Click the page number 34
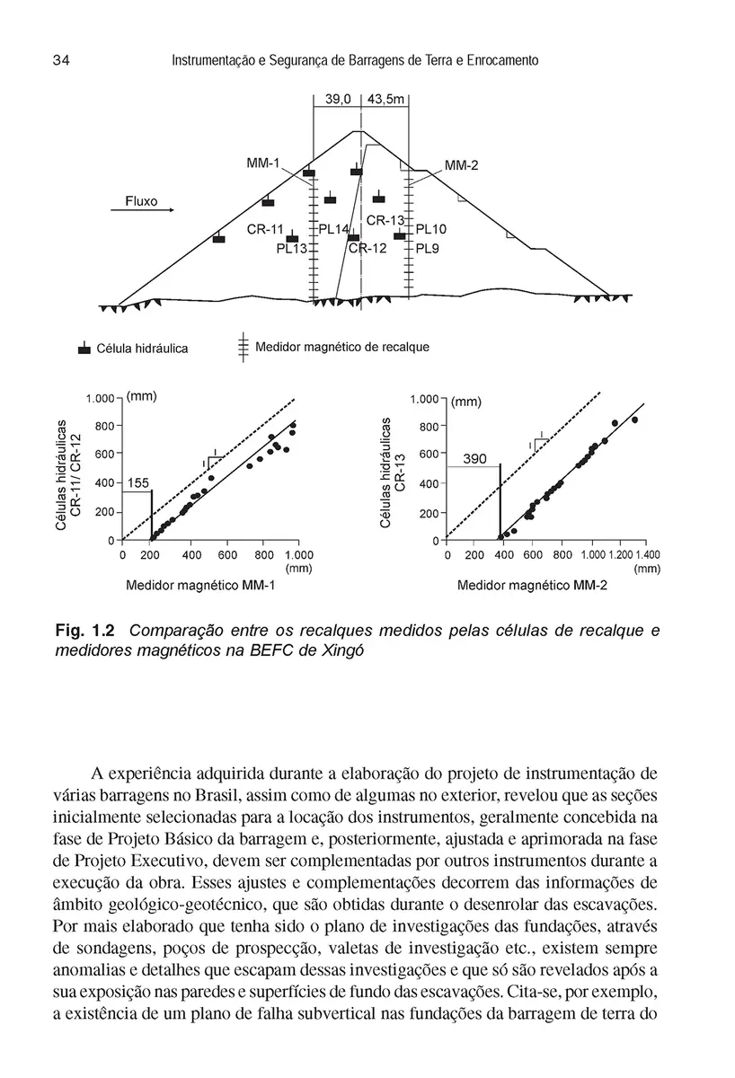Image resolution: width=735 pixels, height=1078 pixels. point(62,60)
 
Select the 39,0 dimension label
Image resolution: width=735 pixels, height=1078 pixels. point(338,101)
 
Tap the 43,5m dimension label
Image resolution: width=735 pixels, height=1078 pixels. point(386,101)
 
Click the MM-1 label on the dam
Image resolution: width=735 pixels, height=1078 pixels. point(263,163)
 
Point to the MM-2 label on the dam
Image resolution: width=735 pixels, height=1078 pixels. point(462,165)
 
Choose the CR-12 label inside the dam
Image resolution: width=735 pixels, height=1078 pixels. point(367,248)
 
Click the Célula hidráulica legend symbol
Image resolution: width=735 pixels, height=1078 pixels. point(84,348)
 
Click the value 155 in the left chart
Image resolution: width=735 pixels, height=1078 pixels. point(137,483)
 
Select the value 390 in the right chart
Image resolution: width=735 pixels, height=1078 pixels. point(474,459)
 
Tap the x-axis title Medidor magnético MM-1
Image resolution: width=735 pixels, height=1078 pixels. point(199,587)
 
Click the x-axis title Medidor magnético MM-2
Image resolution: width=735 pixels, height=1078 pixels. point(532,587)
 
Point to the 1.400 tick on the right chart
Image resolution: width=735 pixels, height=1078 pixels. point(647,555)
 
